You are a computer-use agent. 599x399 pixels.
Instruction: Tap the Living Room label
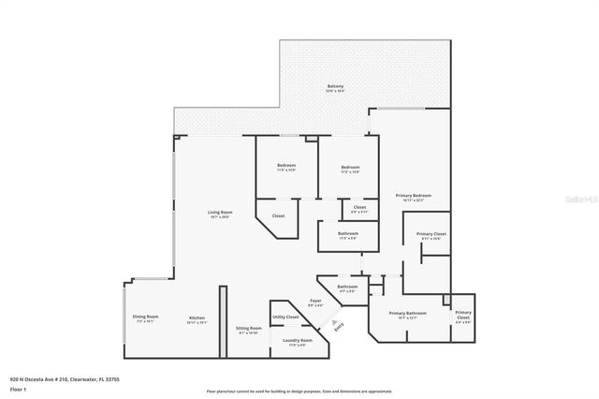click(x=220, y=213)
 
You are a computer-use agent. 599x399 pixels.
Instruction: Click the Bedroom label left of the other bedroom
click(x=285, y=166)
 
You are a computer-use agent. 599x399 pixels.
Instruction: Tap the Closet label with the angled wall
click(x=278, y=216)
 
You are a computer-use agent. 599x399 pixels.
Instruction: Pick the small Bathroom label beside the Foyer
click(x=347, y=287)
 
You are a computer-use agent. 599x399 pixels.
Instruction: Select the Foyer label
click(x=315, y=301)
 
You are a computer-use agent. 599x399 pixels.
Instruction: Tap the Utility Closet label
click(x=285, y=318)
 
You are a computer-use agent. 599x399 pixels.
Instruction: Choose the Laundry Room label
click(x=298, y=341)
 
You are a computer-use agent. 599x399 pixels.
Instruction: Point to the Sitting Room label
click(x=248, y=329)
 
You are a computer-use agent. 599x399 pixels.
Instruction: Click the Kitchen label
click(x=197, y=318)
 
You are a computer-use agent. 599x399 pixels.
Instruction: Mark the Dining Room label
click(x=145, y=318)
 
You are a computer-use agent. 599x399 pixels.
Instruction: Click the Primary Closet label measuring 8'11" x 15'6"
click(x=431, y=234)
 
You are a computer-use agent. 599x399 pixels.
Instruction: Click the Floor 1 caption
click(x=19, y=390)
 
